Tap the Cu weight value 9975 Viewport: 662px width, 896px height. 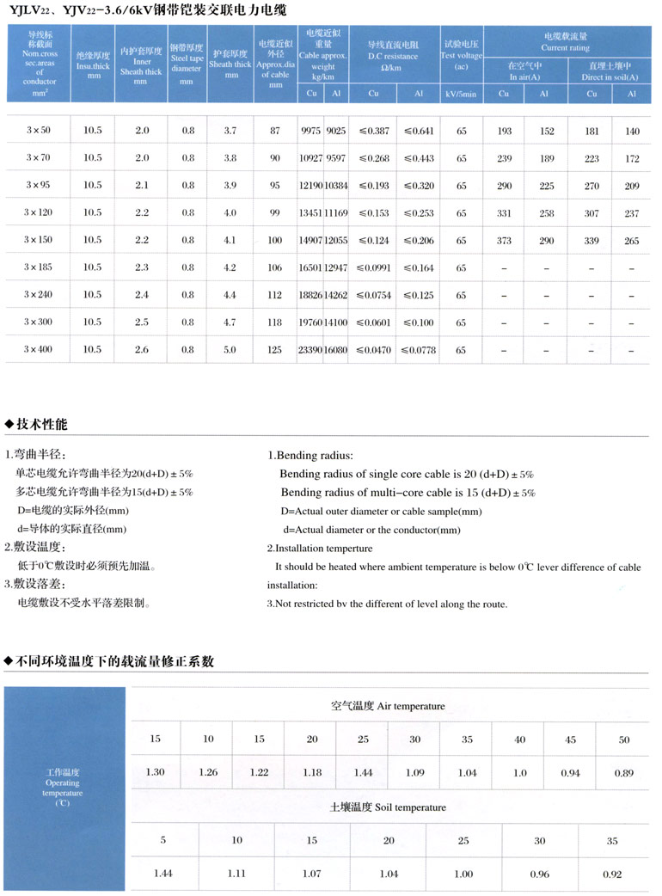tap(310, 131)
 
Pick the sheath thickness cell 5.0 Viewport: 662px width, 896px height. tap(230, 350)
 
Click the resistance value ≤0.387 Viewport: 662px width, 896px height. tap(372, 131)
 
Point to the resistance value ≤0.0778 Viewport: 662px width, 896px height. tap(419, 350)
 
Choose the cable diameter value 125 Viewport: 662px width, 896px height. tap(275, 350)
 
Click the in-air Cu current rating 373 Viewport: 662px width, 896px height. tap(504, 241)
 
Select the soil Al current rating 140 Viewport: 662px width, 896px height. tap(633, 131)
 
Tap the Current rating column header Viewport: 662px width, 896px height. tap(565, 43)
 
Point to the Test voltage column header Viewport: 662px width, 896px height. tap(462, 54)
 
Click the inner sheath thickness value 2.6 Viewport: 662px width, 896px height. tap(142, 350)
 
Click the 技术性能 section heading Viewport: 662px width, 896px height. tap(41, 425)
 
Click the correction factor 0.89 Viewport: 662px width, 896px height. tap(623, 772)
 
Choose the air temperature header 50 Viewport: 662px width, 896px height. tap(623, 740)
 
